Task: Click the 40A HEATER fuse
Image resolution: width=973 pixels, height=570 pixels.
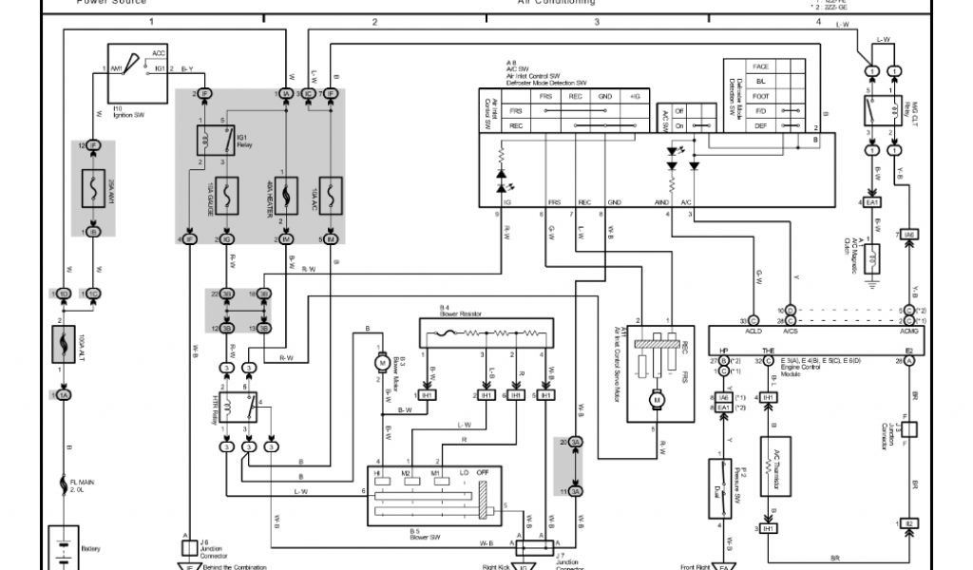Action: pos(286,199)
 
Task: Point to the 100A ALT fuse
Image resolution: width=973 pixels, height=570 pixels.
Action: pos(63,345)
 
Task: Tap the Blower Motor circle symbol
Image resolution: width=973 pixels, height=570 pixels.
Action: pos(379,361)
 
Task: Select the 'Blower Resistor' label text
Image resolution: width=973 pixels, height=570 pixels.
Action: pos(462,313)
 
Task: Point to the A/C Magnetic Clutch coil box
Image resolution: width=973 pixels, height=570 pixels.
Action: pos(874,257)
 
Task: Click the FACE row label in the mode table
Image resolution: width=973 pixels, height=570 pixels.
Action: pos(760,67)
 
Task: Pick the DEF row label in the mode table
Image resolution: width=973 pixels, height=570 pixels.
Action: pos(760,124)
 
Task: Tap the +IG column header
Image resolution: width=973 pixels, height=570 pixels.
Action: pos(634,96)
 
